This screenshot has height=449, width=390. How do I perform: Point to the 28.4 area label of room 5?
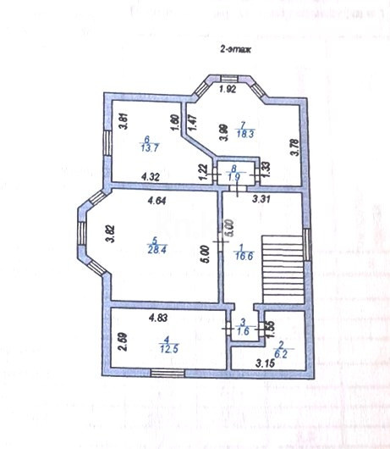(156, 250)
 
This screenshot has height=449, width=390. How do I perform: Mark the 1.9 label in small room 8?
(236, 177)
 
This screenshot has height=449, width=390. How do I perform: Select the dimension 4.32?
(151, 177)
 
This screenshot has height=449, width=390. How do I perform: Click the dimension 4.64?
(157, 201)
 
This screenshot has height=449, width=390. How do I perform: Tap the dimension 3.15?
(267, 365)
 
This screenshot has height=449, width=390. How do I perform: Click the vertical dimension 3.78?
(294, 148)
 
